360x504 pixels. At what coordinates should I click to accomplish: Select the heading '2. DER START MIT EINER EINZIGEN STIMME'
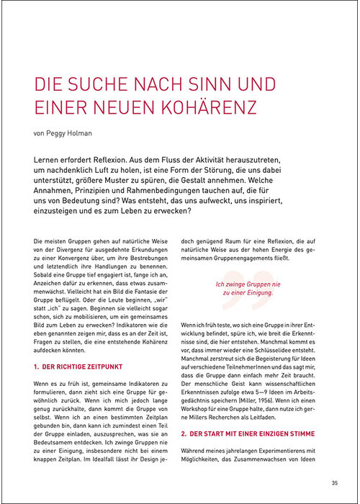click(x=249, y=434)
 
